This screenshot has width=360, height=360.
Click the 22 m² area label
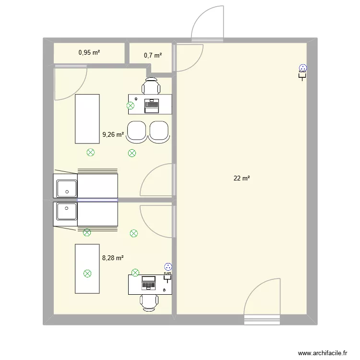pos(241,179)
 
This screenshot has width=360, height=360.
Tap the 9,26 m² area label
pos(113,135)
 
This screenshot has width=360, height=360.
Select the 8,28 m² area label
pos(113,258)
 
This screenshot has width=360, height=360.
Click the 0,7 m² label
pos(153,55)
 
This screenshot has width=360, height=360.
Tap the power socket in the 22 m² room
pos(302,71)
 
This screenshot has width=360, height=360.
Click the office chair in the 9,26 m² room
pos(152,87)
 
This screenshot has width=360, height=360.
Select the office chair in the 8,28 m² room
pos(150,302)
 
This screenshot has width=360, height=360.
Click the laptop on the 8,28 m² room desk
pos(148,283)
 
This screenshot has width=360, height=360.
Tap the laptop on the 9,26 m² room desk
pos(152,104)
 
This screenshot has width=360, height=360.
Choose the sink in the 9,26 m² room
pos(66,188)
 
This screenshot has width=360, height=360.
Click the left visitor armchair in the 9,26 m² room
pos(136,132)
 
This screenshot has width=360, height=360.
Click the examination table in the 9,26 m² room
pos(87,118)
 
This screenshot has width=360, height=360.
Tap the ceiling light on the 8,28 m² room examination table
pos(87,274)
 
